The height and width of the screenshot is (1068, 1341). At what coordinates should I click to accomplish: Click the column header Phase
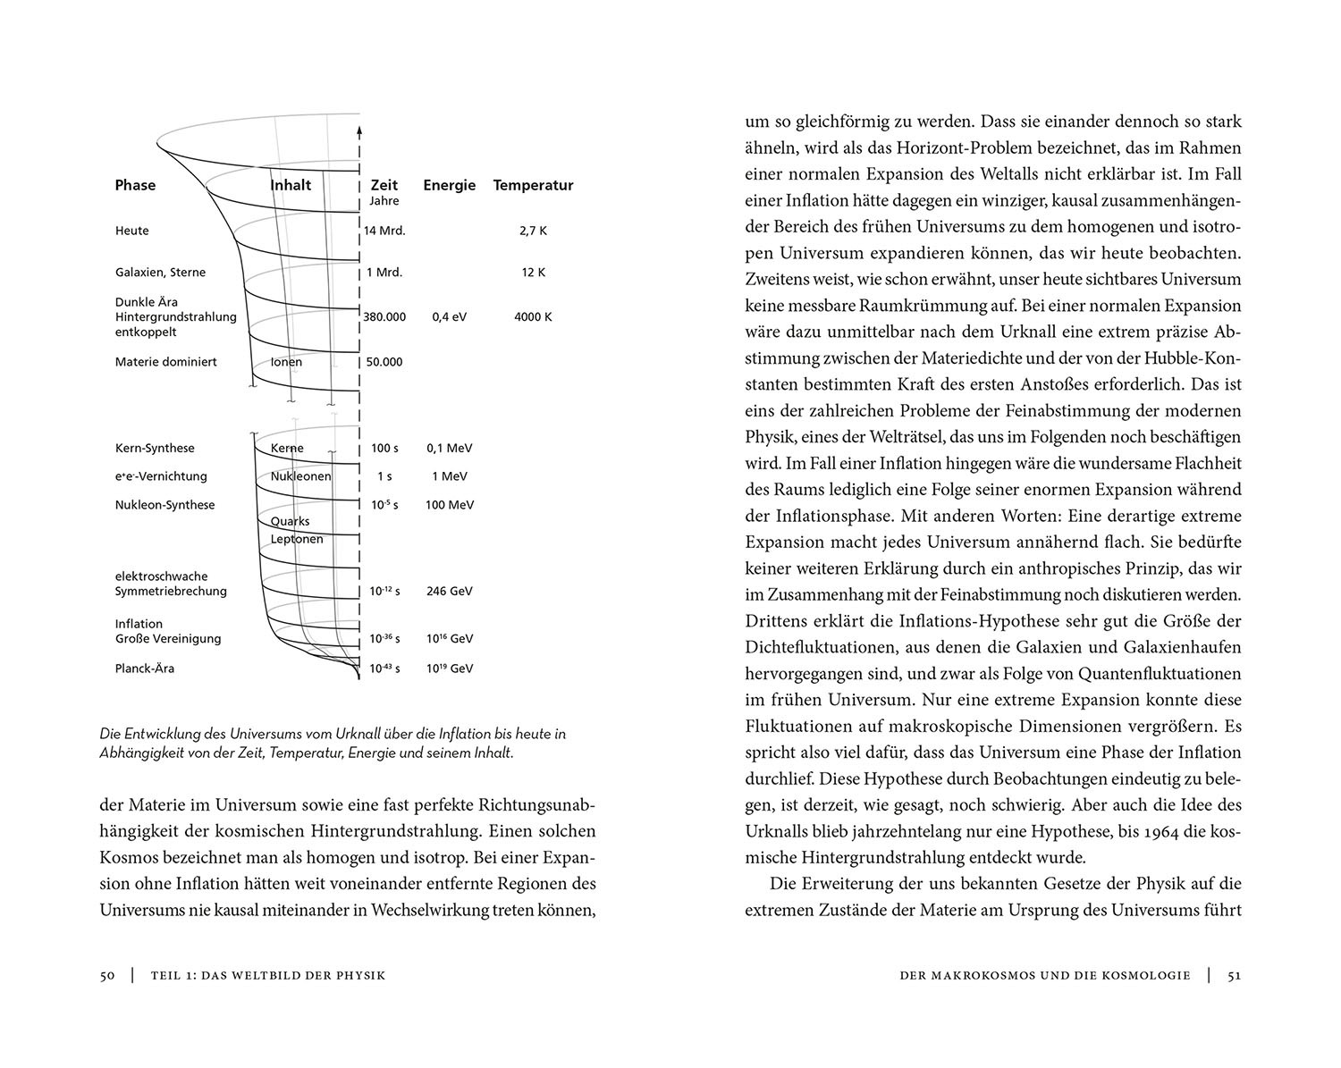135,185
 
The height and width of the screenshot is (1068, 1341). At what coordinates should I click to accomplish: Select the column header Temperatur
533,185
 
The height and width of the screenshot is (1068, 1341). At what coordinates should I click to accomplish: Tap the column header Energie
449,185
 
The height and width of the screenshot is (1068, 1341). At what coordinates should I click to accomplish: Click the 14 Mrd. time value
384,231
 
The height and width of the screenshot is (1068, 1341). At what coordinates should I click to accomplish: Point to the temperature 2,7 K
533,231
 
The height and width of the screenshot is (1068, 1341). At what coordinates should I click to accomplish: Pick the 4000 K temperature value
533,316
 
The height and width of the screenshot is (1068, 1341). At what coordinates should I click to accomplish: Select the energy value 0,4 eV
449,316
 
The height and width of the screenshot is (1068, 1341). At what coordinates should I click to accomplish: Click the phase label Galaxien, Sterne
160,273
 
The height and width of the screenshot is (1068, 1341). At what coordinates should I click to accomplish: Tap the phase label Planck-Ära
145,669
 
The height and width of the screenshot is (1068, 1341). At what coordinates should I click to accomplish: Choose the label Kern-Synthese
155,449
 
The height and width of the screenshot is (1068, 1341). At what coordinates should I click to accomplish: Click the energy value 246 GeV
449,592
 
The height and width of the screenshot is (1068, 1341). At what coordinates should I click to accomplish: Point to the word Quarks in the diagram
290,521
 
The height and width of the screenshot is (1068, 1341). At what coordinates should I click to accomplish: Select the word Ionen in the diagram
286,362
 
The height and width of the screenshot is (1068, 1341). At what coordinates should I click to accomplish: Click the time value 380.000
384,316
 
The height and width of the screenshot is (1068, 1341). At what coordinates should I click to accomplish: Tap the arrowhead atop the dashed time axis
358,130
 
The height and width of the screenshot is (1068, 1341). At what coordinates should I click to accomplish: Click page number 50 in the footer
107,975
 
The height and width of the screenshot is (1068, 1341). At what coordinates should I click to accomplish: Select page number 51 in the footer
1234,975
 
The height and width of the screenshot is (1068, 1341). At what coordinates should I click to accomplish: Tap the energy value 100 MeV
449,505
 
